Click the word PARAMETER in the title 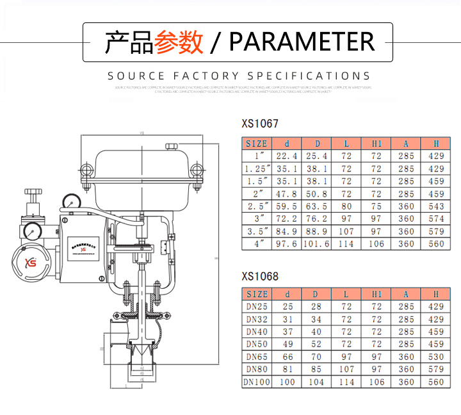coord(302,42)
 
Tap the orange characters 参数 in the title coord(179,42)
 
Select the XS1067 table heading coord(260,124)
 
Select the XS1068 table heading coord(260,277)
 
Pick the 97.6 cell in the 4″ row coord(286,244)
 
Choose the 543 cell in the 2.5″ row coord(436,206)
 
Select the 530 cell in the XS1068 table coord(436,357)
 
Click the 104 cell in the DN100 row coord(316,382)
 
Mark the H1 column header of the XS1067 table coord(376,143)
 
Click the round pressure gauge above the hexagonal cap coord(30,229)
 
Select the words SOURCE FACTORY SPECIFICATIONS coord(239,76)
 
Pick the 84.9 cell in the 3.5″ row coord(286,231)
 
